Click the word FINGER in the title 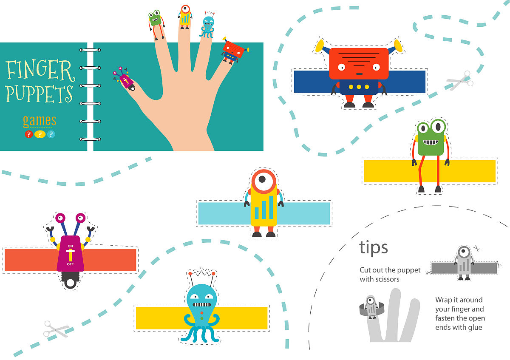tap(40, 70)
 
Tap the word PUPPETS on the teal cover tap(39, 94)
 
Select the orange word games tap(40, 121)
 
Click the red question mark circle tap(29, 134)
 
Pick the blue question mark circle tap(51, 134)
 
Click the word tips tap(374, 247)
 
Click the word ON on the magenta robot tap(70, 246)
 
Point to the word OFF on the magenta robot tap(70, 264)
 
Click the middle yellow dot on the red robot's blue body tap(359, 87)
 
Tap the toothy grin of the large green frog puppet tap(431, 142)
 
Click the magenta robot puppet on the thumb tap(124, 79)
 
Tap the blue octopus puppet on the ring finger tap(207, 26)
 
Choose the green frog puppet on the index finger tap(156, 24)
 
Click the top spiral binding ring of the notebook tap(90, 50)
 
